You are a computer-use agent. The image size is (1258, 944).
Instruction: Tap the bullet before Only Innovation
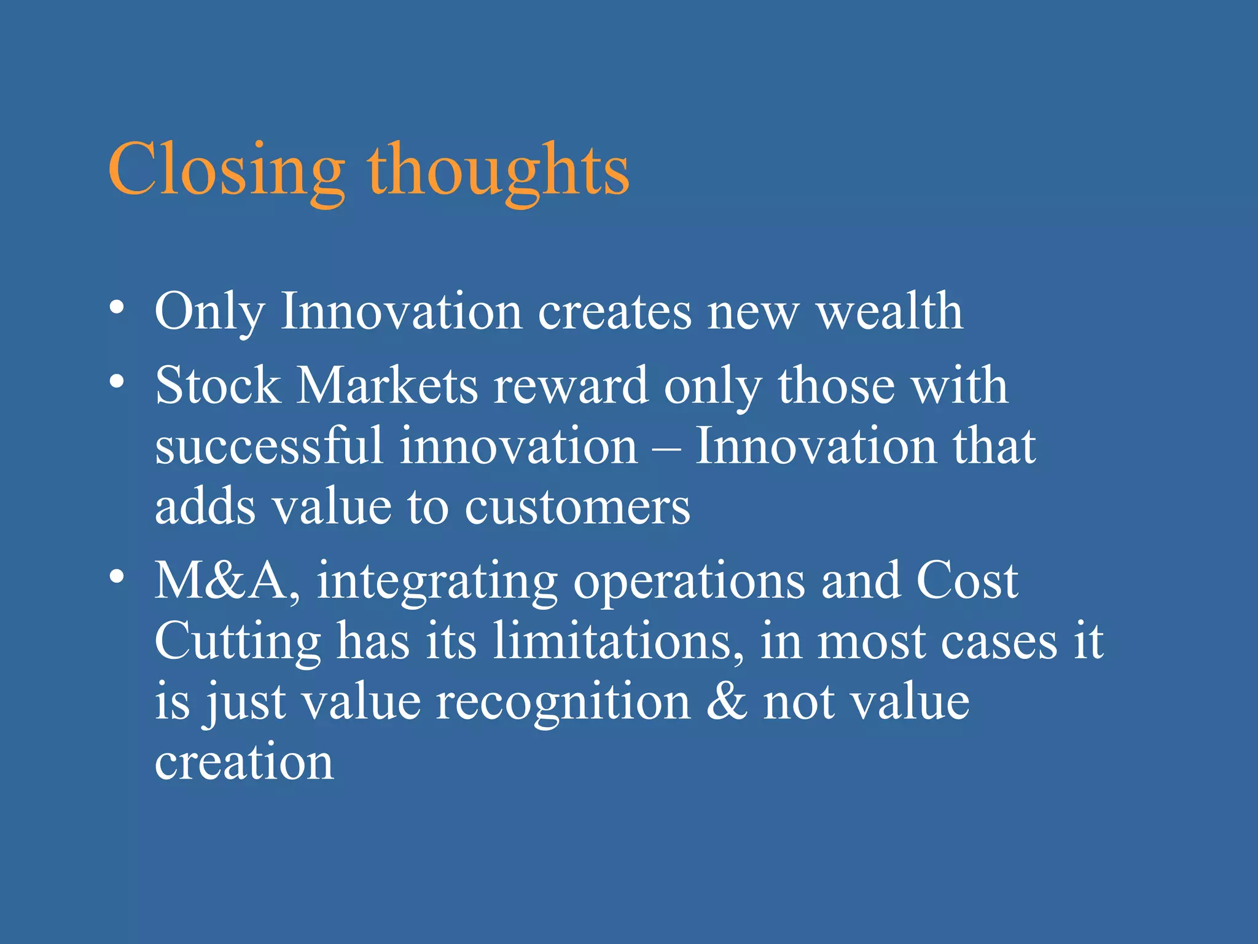click(117, 307)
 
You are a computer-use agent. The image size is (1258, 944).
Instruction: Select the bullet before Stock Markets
click(117, 382)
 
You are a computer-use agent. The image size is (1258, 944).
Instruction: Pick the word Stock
click(217, 386)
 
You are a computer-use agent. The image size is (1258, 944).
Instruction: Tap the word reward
click(571, 386)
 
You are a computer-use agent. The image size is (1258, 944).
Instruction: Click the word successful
click(269, 446)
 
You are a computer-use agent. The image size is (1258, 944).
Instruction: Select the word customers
click(577, 508)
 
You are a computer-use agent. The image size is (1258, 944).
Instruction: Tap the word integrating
click(437, 583)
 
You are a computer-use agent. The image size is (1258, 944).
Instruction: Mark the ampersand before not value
click(727, 702)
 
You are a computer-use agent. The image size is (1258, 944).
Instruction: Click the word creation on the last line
click(244, 762)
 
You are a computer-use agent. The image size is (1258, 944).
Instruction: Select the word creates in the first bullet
click(614, 312)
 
